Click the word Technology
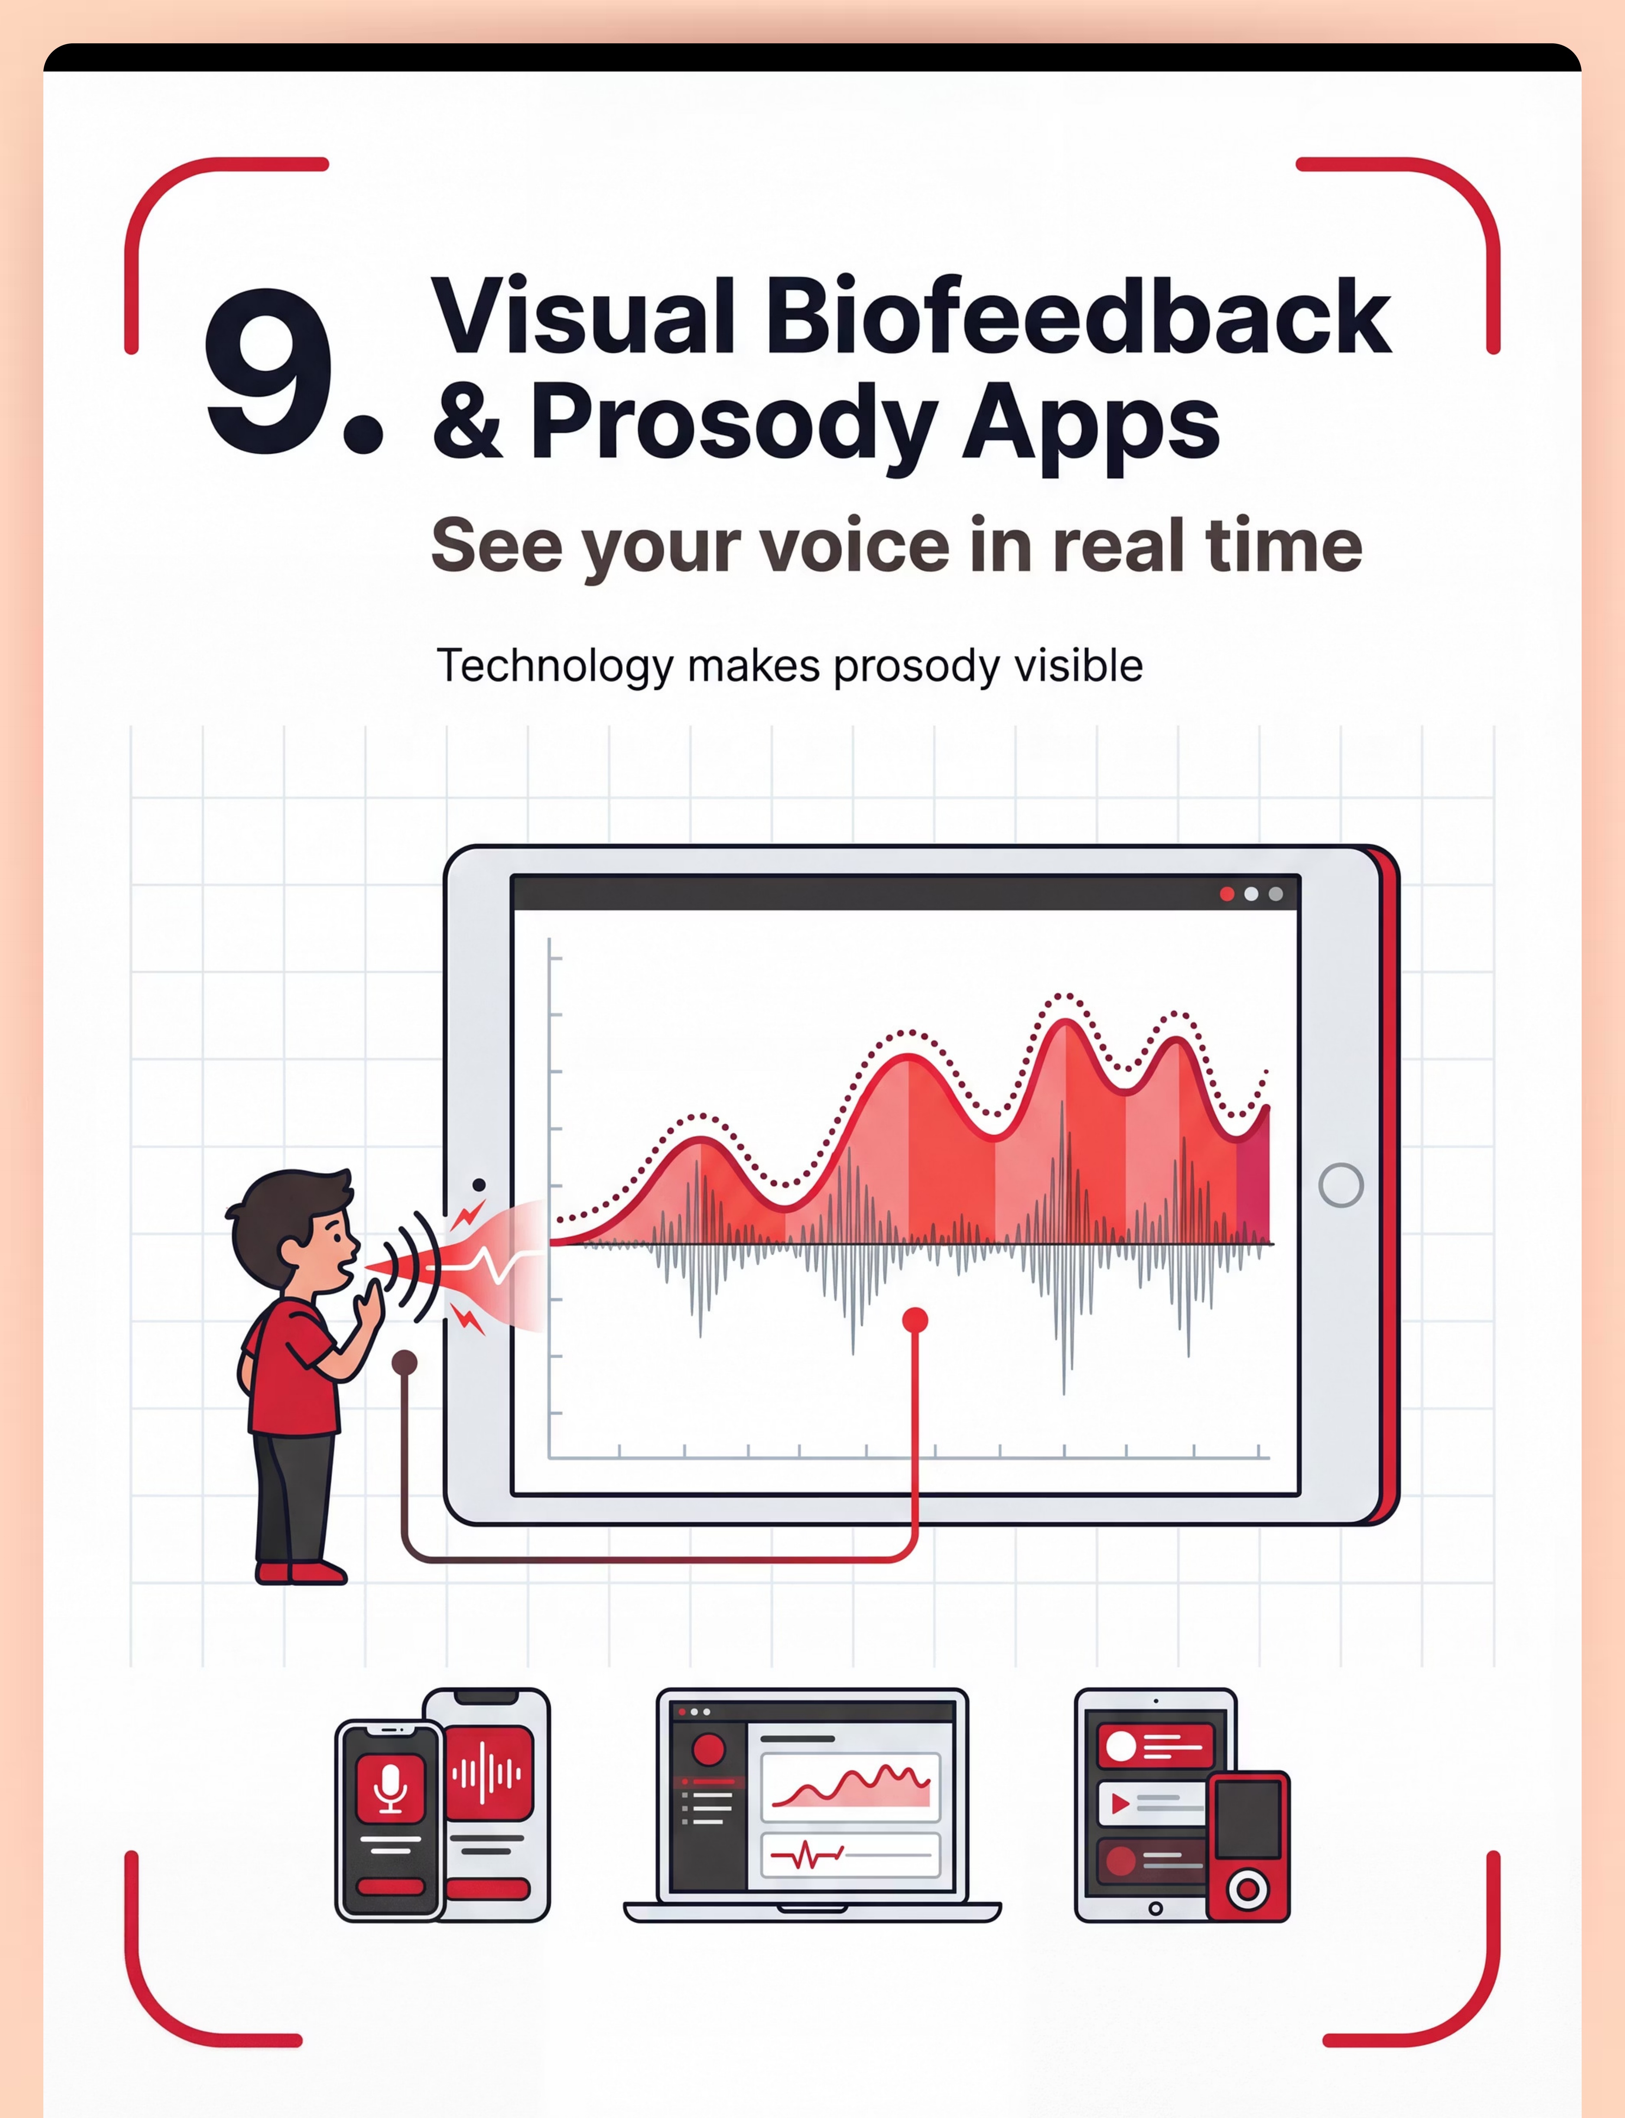pyautogui.click(x=554, y=667)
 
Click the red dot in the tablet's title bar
pyautogui.click(x=1226, y=894)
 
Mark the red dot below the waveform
pyautogui.click(x=915, y=1320)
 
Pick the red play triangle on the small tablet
pyautogui.click(x=1120, y=1804)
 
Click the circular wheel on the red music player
pyautogui.click(x=1248, y=1888)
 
